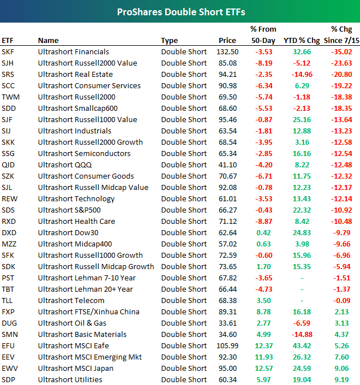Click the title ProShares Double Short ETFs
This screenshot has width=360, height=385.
click(180, 11)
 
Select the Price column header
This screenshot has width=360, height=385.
click(227, 40)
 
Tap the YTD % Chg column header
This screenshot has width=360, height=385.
click(300, 40)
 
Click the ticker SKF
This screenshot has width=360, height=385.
click(8, 51)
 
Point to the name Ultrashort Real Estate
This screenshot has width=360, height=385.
click(75, 74)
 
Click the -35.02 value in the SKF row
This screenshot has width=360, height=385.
click(341, 51)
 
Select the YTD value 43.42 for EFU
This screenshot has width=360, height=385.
click(302, 345)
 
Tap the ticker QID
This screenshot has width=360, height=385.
click(8, 165)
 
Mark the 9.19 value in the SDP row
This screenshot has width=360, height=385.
click(344, 379)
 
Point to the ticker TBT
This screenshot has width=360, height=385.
click(8, 289)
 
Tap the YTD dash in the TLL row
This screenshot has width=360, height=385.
click(303, 300)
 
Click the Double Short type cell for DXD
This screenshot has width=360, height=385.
click(184, 232)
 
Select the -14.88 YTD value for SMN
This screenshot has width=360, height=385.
click(301, 334)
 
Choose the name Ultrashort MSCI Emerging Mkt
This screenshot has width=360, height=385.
click(90, 357)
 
